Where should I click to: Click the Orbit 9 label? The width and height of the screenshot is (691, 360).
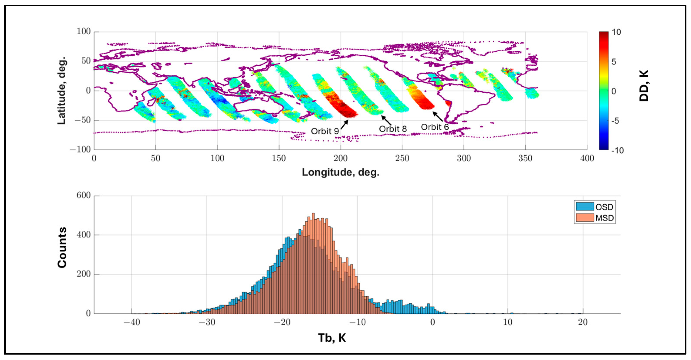[x=324, y=131]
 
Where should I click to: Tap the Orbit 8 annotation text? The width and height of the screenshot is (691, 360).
[x=393, y=129]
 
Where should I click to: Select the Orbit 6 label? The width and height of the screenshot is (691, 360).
[x=434, y=127]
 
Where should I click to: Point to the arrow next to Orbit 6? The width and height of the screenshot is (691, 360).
[x=438, y=117]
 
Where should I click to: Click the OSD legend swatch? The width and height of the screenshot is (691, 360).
[x=585, y=206]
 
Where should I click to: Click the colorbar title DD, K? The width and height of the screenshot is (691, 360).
[x=644, y=86]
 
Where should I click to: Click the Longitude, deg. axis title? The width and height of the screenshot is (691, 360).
[x=340, y=172]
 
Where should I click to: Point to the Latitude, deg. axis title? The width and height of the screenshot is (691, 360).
[x=62, y=91]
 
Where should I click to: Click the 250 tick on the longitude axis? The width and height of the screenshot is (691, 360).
[x=402, y=158]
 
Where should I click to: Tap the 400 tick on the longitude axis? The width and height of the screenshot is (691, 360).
[x=587, y=158]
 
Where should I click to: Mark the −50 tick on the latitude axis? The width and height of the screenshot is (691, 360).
[x=82, y=120]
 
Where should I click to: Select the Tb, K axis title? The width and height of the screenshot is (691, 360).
[x=332, y=338]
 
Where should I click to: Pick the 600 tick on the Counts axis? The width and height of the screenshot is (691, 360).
[x=83, y=195]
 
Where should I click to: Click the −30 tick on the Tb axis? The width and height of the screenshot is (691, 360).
[x=207, y=322]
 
